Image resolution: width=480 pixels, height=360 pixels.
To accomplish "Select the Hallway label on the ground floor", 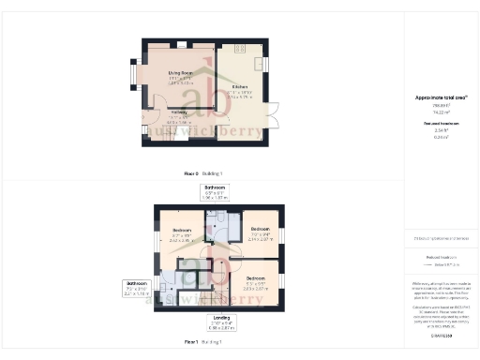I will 178,115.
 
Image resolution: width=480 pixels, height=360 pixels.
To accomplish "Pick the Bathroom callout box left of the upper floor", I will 138,287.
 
